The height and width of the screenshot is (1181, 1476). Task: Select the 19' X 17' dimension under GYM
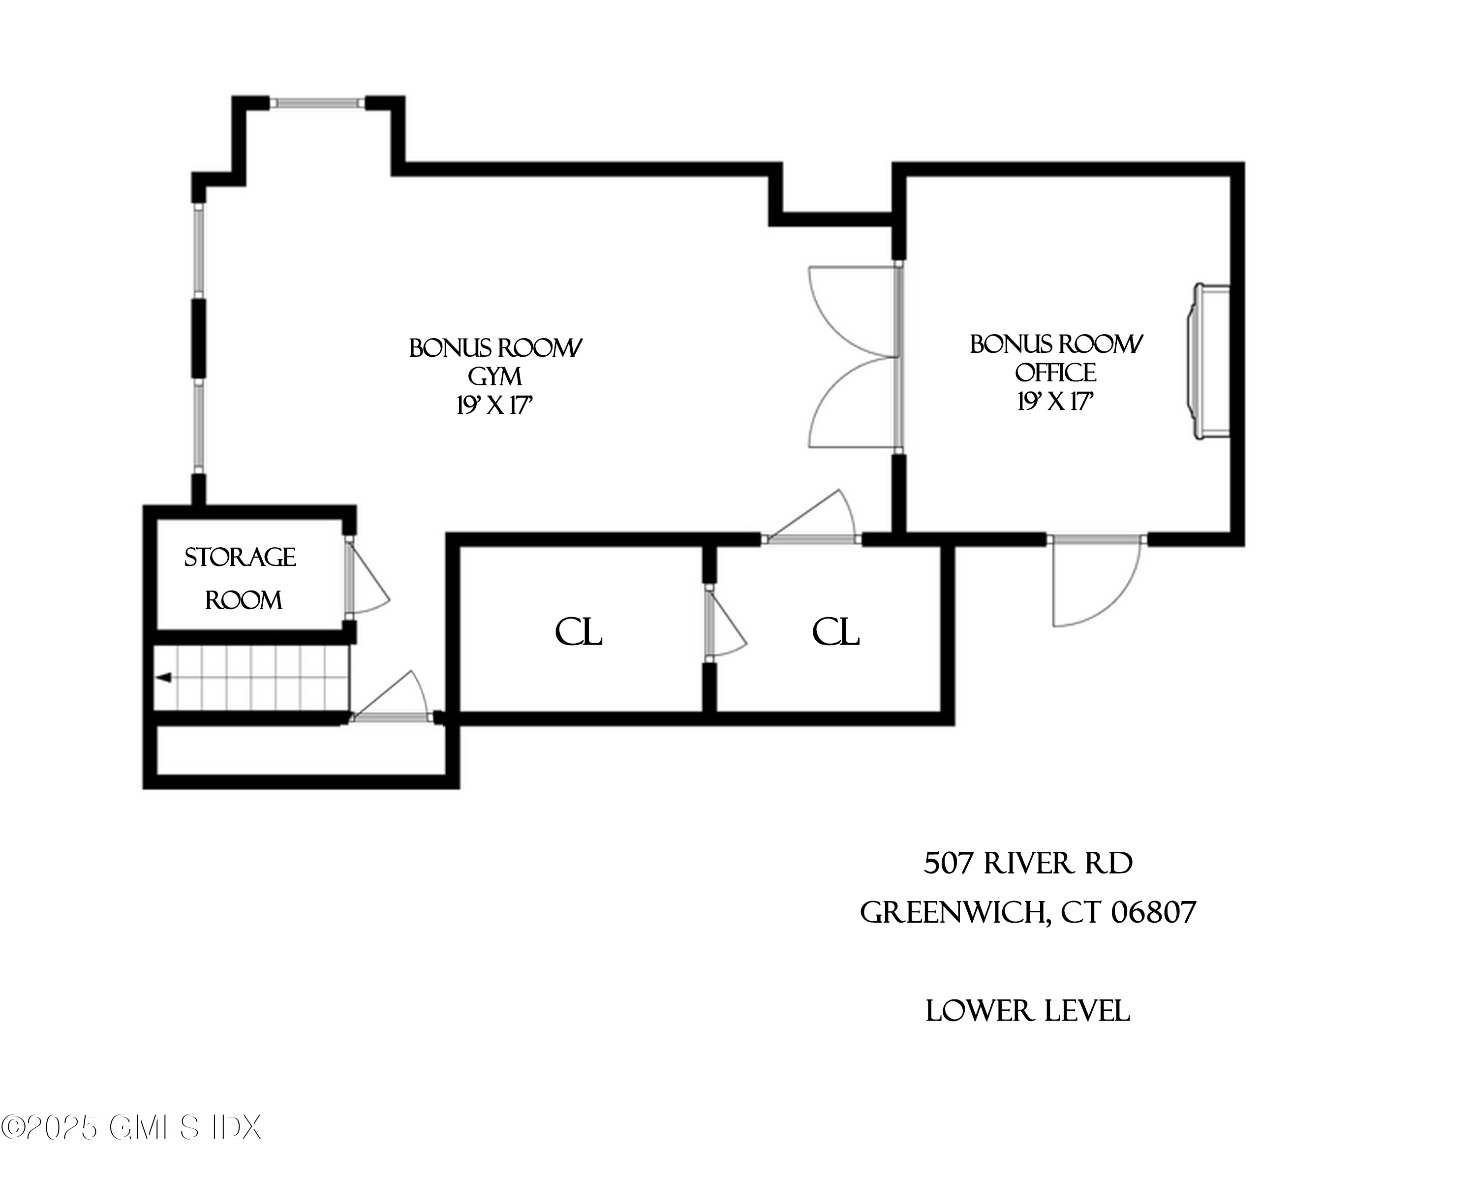[494, 406]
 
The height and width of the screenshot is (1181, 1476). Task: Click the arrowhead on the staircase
[163, 678]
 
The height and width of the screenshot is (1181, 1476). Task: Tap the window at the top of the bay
[317, 103]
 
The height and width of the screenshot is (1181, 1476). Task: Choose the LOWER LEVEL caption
[1028, 1011]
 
